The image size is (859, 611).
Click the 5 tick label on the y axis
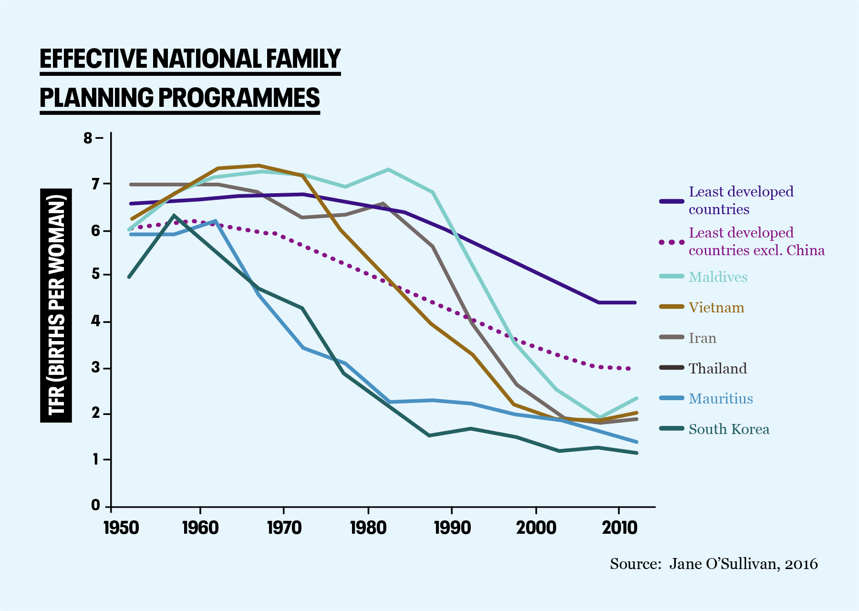95,274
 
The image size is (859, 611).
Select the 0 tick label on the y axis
95,506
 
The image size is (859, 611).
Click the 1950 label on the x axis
121,528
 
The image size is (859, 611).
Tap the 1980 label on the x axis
368,528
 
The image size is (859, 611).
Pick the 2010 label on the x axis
619,528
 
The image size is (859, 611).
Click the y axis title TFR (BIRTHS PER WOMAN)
56,305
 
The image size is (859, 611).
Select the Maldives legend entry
718,277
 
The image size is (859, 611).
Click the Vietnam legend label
716,308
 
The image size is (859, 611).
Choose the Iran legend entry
702,338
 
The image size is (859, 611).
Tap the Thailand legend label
717,369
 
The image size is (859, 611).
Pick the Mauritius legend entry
720,399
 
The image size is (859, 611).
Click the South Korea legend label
729,429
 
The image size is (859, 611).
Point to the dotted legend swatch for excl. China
672,242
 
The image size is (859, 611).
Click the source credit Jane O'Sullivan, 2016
743,564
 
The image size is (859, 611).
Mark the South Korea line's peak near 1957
174,216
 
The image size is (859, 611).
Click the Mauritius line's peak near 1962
216,221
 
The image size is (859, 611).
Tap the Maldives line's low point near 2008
599,417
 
